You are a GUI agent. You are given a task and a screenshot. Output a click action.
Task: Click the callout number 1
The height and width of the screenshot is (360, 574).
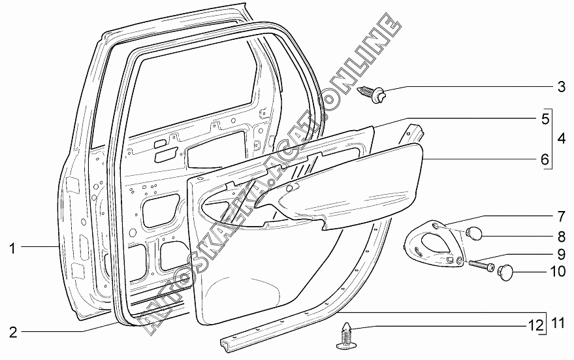point(12,248)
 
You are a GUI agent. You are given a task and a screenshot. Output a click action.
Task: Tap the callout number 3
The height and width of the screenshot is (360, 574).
point(560,86)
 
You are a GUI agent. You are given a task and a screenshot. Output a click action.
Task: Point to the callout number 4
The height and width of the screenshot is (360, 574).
point(560,138)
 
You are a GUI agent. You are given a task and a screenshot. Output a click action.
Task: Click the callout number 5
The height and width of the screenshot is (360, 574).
point(543,119)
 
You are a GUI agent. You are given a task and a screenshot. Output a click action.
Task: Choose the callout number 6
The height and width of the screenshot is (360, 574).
point(543,159)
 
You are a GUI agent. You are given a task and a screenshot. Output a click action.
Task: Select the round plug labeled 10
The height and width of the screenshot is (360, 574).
point(505,270)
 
